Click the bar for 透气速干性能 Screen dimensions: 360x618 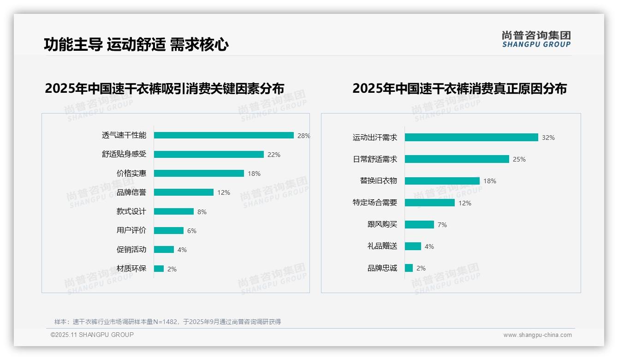(x=224, y=135)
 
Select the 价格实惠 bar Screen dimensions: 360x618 (x=199, y=174)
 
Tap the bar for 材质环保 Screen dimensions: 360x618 (x=159, y=269)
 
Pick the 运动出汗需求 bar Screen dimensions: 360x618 (x=471, y=138)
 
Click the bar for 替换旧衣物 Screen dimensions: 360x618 (x=442, y=181)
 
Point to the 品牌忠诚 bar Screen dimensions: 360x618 (x=409, y=268)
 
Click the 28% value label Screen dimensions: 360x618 (x=303, y=136)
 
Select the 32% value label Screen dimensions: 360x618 (x=548, y=138)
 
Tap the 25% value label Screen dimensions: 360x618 (x=519, y=159)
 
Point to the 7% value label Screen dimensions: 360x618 (x=442, y=225)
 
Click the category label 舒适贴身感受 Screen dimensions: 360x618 (x=124, y=154)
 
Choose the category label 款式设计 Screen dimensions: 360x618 (x=131, y=211)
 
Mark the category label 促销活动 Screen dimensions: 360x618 (x=131, y=249)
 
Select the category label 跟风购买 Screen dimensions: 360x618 (x=382, y=224)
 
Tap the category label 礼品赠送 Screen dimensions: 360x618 (x=382, y=246)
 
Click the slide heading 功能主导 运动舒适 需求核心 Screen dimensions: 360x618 (x=136, y=44)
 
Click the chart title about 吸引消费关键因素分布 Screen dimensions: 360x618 (x=164, y=88)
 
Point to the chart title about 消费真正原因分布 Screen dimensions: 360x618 (x=459, y=88)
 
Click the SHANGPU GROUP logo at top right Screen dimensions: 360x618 (x=536, y=39)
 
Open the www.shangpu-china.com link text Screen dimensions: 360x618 (x=537, y=335)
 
